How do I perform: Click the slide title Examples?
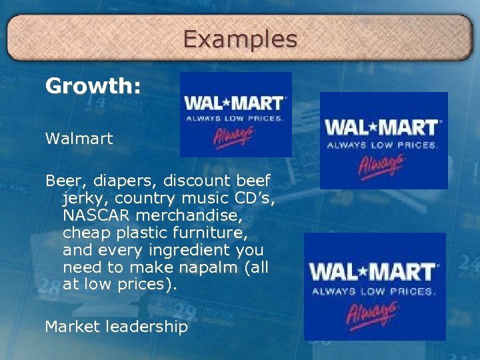[x=240, y=39]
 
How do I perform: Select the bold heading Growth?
[x=93, y=87]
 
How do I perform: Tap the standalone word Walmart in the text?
[x=79, y=139]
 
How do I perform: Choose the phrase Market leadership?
[x=116, y=327]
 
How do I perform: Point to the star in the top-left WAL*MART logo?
[x=225, y=103]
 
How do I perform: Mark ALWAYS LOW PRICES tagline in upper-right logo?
[x=381, y=144]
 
